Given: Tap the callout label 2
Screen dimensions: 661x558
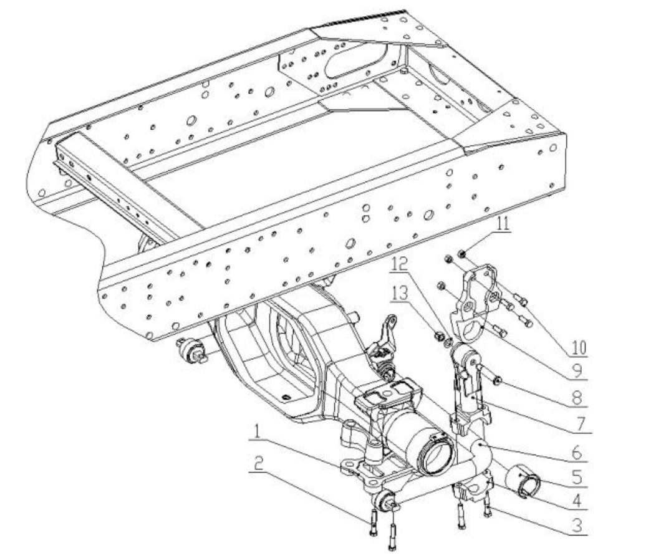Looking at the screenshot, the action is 258,463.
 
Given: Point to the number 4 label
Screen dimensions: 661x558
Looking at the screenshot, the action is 577,501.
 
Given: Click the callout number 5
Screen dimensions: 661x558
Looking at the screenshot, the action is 577,477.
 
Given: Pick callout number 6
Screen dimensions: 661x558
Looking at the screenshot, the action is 577,453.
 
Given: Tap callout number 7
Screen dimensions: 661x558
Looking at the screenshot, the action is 581,424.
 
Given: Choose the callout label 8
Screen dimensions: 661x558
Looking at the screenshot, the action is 577,398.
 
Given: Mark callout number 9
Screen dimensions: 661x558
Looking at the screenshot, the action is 577,371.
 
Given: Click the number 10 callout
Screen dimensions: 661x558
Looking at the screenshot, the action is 579,348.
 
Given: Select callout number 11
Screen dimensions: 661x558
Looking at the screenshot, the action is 501,224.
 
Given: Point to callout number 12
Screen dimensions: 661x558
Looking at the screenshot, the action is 399,264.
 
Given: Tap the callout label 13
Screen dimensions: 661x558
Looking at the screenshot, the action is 399,293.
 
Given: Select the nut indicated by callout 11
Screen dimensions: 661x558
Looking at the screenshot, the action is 462,254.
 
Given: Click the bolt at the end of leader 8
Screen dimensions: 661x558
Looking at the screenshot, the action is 498,381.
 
